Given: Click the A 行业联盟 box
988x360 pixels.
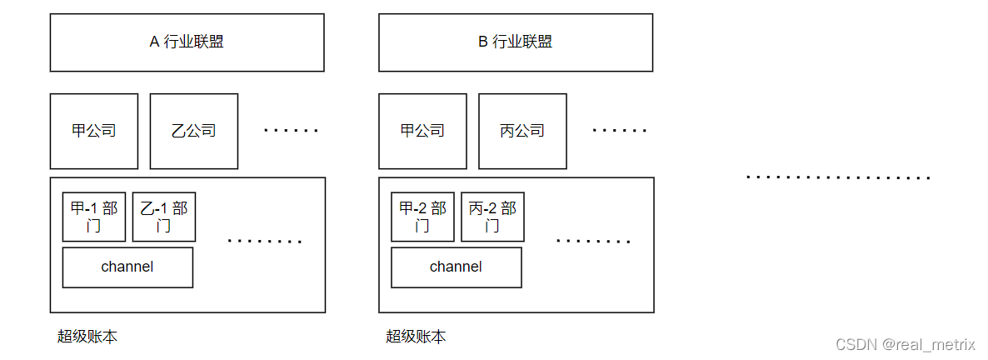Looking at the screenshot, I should click(187, 42).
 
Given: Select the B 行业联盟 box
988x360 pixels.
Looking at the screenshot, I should click(516, 42).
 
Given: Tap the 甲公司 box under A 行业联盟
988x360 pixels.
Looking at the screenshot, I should click(94, 131).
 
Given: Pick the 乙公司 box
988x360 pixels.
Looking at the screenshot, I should click(194, 131).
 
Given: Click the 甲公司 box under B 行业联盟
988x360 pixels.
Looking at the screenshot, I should click(422, 131).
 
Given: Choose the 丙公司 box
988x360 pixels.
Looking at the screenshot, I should click(522, 131).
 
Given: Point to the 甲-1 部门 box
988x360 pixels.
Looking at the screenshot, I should click(94, 217).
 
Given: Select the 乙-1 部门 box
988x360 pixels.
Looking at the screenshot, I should click(164, 217).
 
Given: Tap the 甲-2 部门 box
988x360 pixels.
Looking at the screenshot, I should click(422, 217).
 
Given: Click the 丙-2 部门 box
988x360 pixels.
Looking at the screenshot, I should click(492, 217).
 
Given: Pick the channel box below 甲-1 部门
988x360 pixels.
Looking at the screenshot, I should click(127, 267).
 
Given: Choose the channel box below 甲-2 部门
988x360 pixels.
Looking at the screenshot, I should click(457, 267).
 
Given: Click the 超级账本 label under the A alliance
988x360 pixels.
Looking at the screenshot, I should click(87, 337).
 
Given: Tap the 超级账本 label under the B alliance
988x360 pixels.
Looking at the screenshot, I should click(416, 337).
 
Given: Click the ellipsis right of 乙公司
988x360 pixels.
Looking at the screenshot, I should click(292, 131).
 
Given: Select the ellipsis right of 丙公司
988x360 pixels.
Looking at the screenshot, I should click(620, 131).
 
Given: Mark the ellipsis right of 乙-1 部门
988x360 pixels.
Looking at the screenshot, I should click(265, 242).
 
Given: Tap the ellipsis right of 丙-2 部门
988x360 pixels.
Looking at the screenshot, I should click(593, 242).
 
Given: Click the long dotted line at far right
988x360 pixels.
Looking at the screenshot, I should click(838, 177).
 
